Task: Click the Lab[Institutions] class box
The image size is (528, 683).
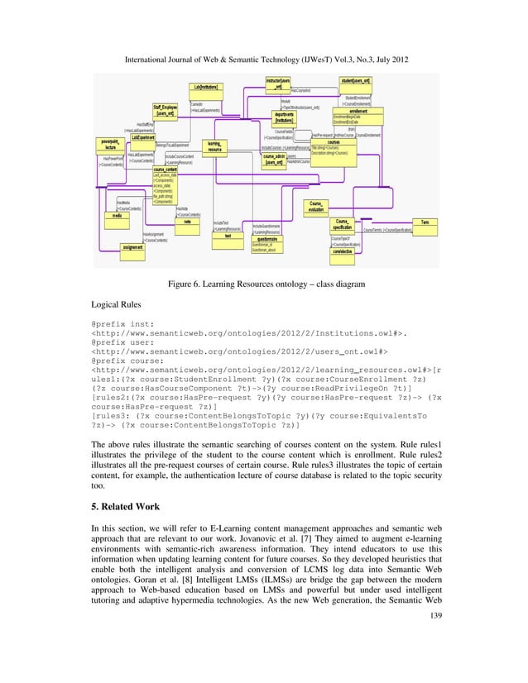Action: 210,87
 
